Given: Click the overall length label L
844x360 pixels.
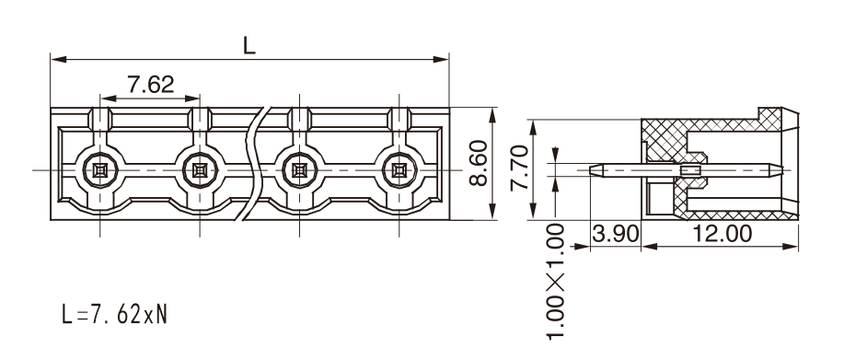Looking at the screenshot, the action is (249, 46).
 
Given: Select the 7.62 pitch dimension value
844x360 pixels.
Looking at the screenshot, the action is (151, 85).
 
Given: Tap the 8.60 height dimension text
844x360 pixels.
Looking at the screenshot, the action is (478, 163).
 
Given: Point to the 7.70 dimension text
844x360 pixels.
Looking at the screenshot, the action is (519, 168).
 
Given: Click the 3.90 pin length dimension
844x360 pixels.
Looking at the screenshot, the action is (615, 234).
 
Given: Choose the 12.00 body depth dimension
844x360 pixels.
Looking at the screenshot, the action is (722, 234).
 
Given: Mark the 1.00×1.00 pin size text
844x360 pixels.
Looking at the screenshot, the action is (556, 282).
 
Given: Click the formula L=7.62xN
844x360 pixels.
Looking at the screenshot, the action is (115, 314).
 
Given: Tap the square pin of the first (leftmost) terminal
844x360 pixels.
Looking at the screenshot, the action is (100, 170).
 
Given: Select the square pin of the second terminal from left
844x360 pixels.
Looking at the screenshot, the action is (200, 170).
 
